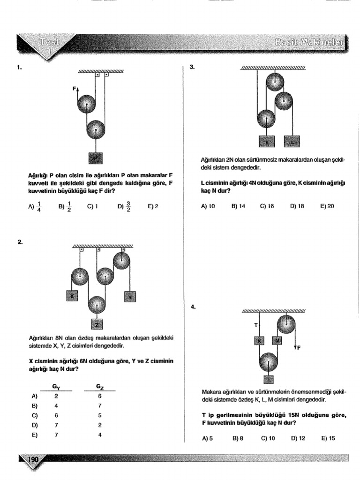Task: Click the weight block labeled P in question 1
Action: (96, 158)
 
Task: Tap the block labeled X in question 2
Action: (72, 296)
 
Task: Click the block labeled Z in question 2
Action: (97, 324)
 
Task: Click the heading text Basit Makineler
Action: (309, 43)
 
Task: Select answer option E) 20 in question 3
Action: (327, 206)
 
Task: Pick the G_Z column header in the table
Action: (100, 387)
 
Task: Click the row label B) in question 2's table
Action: (34, 405)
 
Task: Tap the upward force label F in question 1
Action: (74, 88)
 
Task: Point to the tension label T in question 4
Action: (256, 324)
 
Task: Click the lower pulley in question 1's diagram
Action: (96, 129)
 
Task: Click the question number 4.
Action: (193, 307)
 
